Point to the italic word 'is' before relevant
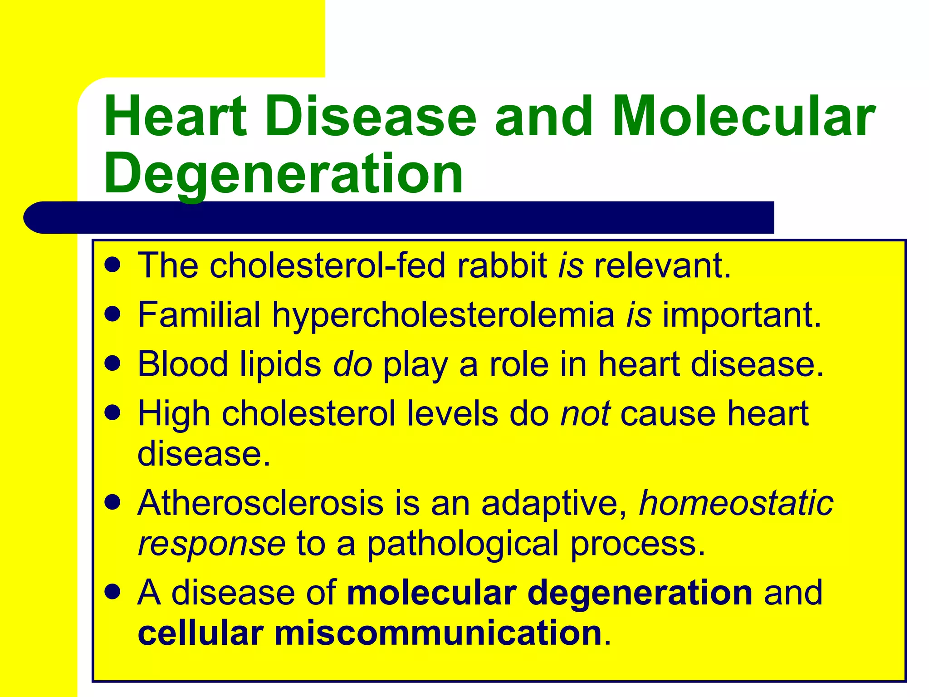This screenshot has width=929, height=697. (571, 265)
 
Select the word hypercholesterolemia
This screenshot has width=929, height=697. (443, 315)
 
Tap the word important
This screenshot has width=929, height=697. (741, 315)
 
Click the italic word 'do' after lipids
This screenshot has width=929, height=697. (352, 364)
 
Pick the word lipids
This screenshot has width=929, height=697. (280, 364)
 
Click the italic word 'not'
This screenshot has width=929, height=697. (585, 414)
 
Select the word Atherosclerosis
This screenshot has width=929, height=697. (260, 503)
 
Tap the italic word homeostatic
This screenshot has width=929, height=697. (736, 503)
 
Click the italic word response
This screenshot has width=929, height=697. (211, 544)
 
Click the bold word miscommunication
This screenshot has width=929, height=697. (438, 633)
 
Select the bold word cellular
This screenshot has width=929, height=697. (200, 633)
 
